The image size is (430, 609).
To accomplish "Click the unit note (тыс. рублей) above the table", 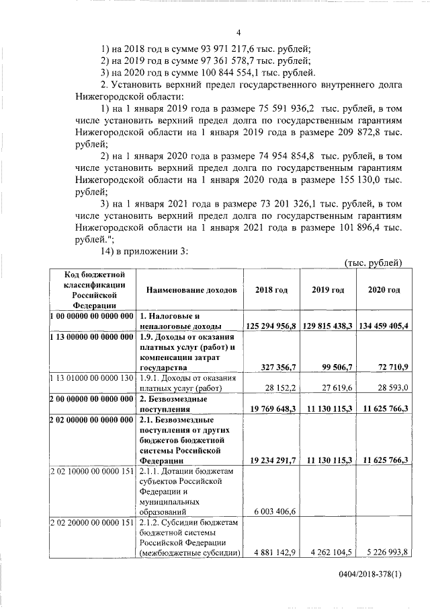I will click(372, 262).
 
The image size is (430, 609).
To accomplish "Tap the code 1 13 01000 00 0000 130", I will click(92, 378).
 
